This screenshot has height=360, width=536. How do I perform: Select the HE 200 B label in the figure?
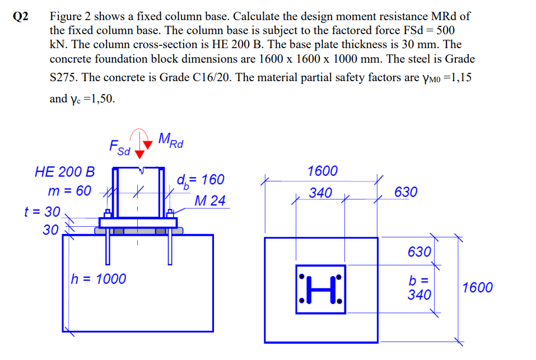(x=64, y=171)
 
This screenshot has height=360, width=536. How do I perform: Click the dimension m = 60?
(x=69, y=190)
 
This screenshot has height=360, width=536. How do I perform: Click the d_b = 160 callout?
(x=200, y=180)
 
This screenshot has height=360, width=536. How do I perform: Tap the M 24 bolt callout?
(x=210, y=200)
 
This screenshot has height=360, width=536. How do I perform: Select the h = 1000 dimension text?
(x=98, y=278)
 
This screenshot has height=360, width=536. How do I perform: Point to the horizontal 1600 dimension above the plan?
(x=323, y=171)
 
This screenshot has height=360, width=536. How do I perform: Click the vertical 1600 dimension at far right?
(x=477, y=288)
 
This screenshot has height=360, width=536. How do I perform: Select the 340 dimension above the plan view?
(x=320, y=193)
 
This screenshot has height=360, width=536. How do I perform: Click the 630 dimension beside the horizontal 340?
(x=406, y=193)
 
